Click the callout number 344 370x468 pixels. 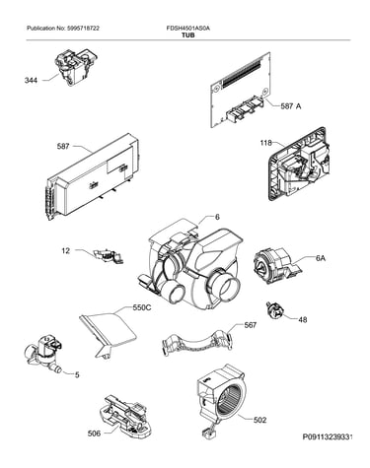(31, 80)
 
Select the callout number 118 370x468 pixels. (265, 143)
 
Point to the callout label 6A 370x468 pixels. (321, 258)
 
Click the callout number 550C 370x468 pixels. (142, 307)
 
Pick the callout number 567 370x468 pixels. (250, 325)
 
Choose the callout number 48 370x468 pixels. (302, 319)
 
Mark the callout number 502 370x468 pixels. (259, 420)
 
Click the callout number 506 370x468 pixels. (94, 434)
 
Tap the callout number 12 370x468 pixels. (66, 251)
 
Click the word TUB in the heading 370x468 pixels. (188, 34)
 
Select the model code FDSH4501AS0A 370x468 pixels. (188, 29)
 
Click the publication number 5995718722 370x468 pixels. (83, 29)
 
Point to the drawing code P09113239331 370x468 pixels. (328, 437)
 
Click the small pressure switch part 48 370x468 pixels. (273, 310)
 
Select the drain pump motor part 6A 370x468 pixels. (277, 266)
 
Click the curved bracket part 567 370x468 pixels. (197, 343)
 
